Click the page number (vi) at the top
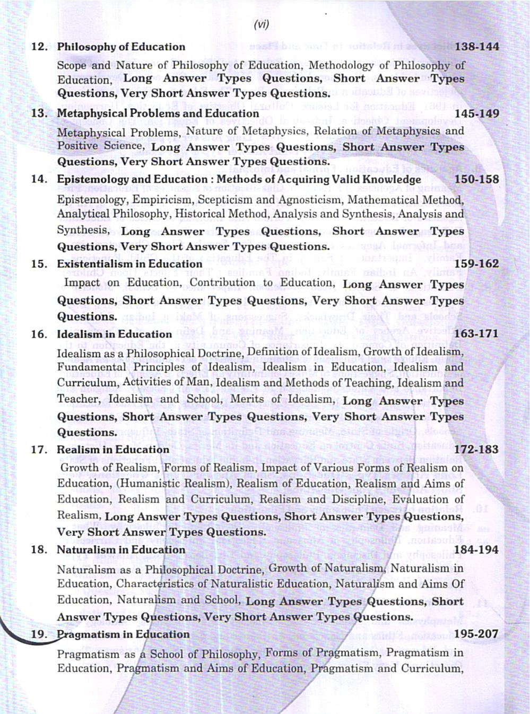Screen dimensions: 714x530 [x=262, y=24]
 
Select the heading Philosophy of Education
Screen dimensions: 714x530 [x=121, y=47]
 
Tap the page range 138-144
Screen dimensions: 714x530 [x=477, y=47]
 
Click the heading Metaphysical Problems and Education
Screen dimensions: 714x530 [x=158, y=113]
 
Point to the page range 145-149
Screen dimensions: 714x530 [x=477, y=113]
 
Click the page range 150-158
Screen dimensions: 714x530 [x=477, y=179]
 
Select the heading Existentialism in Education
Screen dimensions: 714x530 [x=129, y=264]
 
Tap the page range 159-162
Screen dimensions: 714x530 [x=477, y=264]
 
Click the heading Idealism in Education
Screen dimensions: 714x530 [x=114, y=334]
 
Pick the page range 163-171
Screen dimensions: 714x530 [x=477, y=334]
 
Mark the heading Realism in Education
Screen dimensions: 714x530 [x=113, y=450]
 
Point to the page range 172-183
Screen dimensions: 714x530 [x=477, y=450]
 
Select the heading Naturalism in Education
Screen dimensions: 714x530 [x=121, y=550]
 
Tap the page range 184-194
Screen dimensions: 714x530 [x=477, y=550]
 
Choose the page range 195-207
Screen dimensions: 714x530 [x=477, y=634]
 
